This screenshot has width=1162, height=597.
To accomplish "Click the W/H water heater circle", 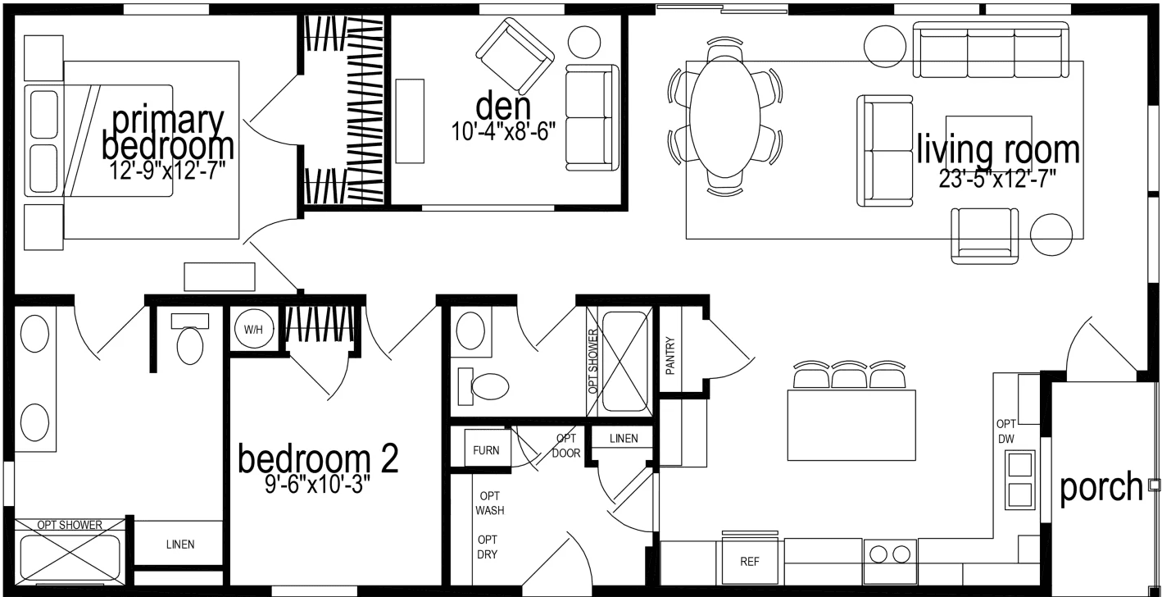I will coord(253,330).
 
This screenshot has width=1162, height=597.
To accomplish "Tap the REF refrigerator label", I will coord(749,562).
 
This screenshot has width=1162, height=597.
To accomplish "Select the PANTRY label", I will coord(670,356).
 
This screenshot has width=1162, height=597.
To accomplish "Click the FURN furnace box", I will coord(486,450).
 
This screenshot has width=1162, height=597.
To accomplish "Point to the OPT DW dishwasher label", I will coord(1006,431).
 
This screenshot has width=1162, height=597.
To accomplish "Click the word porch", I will coord(1101,487).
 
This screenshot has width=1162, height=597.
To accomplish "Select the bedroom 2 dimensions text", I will coord(316,485).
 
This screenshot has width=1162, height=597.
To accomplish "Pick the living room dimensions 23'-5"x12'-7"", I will coord(997,178).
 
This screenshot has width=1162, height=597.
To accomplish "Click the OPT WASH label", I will coord(490,503).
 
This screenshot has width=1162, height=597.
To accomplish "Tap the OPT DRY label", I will coord(488,547).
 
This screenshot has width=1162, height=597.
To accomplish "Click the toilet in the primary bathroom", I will coord(189,344).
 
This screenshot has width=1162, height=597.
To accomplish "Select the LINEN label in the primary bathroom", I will coord(180,545).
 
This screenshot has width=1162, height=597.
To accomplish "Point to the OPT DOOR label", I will coord(566,445).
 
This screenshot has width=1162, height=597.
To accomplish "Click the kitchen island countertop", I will coord(851,425).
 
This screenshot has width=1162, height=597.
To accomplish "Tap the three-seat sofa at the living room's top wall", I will coord(991,50).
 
